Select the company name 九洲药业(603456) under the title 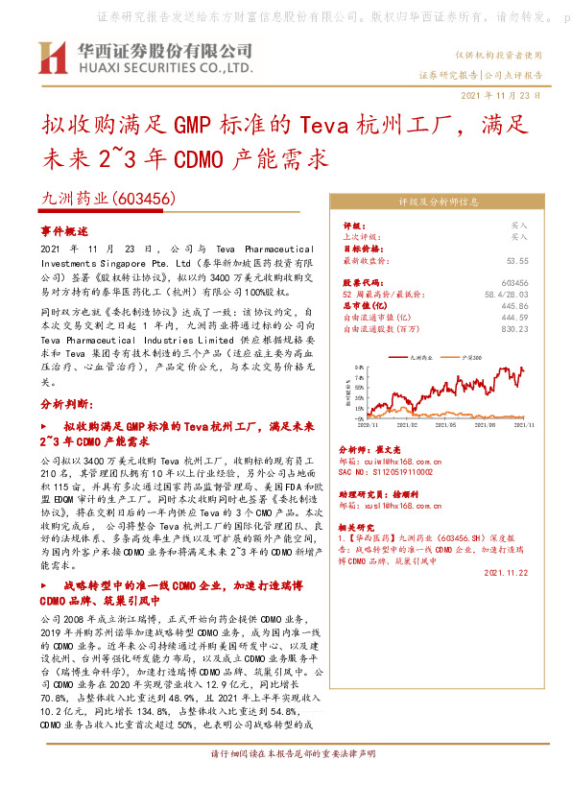(x=107, y=198)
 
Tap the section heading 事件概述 (x=64, y=231)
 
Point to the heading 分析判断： (x=66, y=404)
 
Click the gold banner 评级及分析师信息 (x=438, y=202)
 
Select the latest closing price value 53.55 (x=517, y=260)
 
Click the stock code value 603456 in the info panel (x=514, y=283)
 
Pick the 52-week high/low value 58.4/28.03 (x=505, y=295)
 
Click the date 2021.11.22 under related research (x=508, y=572)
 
